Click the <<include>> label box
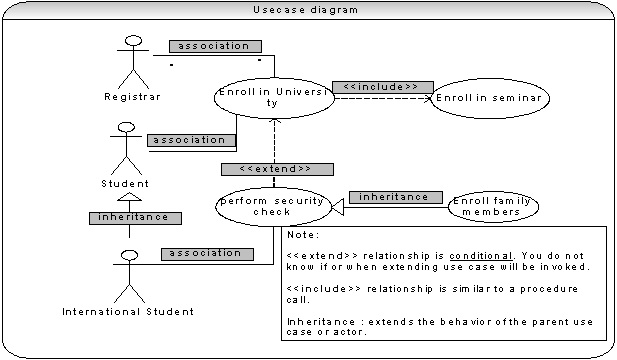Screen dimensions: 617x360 [x=382, y=87]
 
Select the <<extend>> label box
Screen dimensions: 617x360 [x=277, y=169]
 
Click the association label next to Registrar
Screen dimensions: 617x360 [x=215, y=46]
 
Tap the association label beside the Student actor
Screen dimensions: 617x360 [x=192, y=140]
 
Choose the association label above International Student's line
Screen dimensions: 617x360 [x=207, y=254]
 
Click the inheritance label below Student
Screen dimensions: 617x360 [x=135, y=218]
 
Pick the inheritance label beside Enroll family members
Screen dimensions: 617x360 [x=395, y=197]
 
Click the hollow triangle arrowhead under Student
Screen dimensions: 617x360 [x=129, y=197]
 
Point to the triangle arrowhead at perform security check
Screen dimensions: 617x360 [x=338, y=207]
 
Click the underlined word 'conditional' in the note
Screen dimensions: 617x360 [x=481, y=256]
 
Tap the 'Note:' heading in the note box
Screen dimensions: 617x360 [x=303, y=235]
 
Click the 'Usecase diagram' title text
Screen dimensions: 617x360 [x=305, y=10]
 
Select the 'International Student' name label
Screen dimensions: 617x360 [x=128, y=312]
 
